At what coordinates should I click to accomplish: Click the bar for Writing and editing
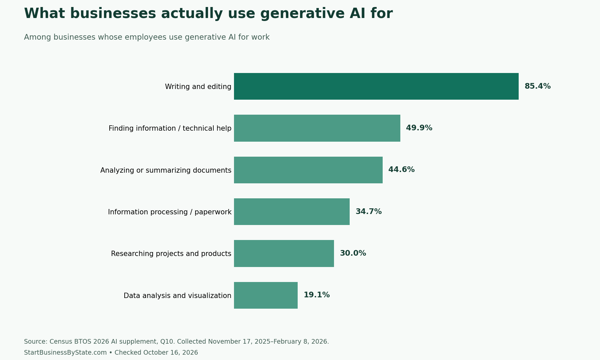[376, 86]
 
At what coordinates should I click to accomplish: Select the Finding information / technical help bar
[317, 128]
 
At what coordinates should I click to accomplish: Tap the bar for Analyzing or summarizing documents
[308, 170]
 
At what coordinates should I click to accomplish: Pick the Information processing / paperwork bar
[292, 212]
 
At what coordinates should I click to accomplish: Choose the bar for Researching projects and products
[284, 253]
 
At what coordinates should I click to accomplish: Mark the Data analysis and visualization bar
[266, 295]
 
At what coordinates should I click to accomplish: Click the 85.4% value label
[537, 86]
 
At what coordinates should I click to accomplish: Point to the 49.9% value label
[419, 128]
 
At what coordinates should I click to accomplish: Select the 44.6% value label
[401, 170]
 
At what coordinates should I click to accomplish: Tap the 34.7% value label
[368, 212]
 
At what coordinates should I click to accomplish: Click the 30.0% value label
[353, 253]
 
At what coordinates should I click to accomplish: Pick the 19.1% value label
[316, 295]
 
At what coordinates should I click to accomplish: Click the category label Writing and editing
[198, 87]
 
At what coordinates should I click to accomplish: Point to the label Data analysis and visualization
[177, 296]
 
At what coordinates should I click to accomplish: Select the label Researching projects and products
[171, 254]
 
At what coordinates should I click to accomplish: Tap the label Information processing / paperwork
[170, 212]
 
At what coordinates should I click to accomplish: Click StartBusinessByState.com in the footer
[65, 353]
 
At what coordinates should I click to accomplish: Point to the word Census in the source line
[61, 342]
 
